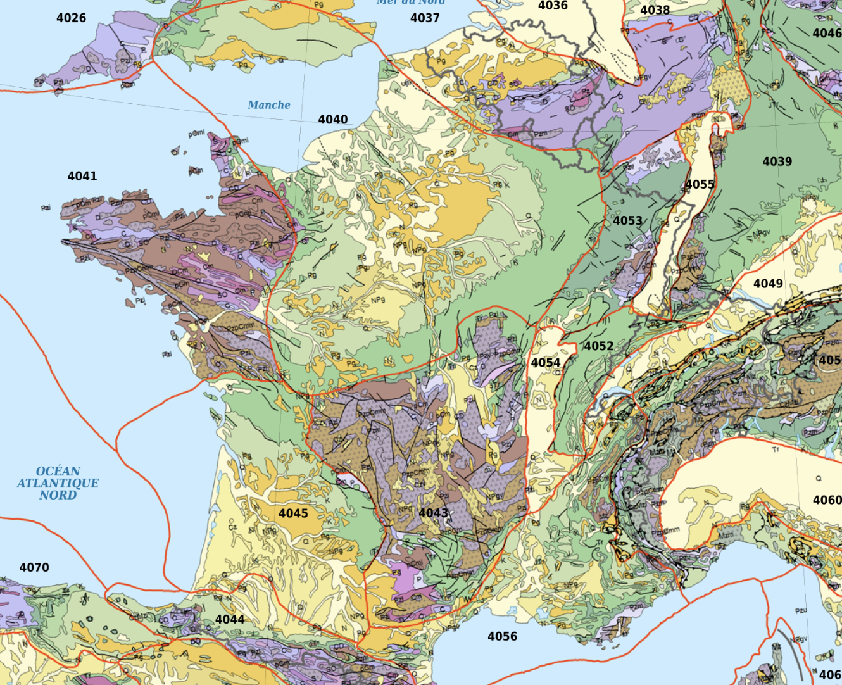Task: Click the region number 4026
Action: tap(71, 18)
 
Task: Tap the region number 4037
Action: tap(425, 18)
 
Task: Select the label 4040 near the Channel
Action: tap(333, 120)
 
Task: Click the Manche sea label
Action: tap(269, 105)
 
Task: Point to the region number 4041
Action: tap(82, 176)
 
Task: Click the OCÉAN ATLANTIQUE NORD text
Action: tap(58, 483)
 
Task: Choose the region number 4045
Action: tap(293, 513)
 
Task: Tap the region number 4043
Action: tap(434, 512)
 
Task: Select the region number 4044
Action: tap(230, 619)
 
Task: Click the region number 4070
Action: tap(34, 567)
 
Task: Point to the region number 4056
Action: tap(502, 636)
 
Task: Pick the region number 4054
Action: tap(546, 363)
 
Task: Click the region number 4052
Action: tap(598, 346)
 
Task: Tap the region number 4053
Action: tap(627, 220)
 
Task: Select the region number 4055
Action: tap(700, 184)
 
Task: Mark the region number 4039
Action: tap(777, 161)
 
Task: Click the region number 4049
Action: tap(768, 283)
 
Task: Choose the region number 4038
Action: tap(655, 10)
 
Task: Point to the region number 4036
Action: tap(553, 6)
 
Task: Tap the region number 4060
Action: tap(827, 500)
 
